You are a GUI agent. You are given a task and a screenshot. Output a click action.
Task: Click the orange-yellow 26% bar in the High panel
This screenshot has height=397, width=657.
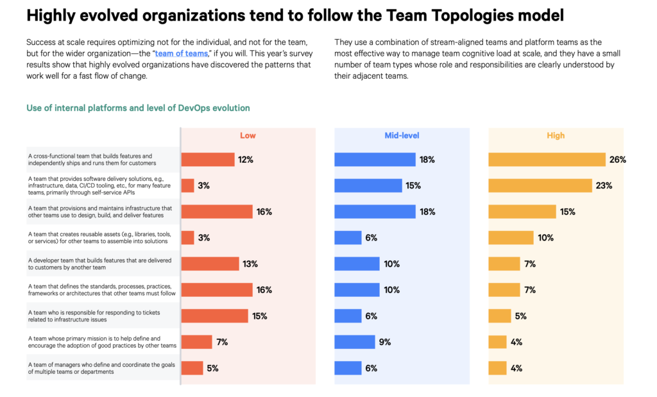[x=547, y=160]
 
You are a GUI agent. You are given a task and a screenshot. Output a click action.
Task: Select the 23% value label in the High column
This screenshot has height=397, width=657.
[x=604, y=186]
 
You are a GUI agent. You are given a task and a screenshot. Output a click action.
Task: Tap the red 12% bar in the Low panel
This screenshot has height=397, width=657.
[x=207, y=160]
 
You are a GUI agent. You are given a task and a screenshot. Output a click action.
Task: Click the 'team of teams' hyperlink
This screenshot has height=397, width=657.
[x=182, y=54]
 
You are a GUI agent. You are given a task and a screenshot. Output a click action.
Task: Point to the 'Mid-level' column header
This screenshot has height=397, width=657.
[x=402, y=135]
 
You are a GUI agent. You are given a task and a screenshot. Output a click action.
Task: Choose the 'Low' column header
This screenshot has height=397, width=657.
[x=248, y=135]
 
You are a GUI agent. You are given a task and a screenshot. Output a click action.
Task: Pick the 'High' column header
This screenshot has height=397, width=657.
[x=556, y=135]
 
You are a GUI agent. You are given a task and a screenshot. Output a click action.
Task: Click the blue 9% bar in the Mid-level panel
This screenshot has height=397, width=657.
[x=354, y=342]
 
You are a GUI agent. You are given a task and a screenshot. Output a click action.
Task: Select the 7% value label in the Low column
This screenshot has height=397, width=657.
[x=223, y=342]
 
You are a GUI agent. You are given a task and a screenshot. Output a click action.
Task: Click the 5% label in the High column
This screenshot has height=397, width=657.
[x=521, y=316]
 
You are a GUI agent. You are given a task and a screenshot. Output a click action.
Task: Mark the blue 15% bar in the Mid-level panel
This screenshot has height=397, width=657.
[x=368, y=186]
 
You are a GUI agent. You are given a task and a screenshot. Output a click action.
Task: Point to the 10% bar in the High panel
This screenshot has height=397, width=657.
[x=511, y=238]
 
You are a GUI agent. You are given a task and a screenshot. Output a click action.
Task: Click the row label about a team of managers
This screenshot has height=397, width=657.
[x=101, y=368]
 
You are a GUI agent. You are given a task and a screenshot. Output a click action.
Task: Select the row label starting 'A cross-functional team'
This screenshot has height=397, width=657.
[x=90, y=160]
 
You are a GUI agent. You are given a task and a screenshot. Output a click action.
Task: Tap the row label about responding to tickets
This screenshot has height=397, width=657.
[x=94, y=316]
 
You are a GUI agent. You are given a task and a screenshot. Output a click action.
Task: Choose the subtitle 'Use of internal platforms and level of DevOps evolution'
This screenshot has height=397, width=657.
[x=138, y=108]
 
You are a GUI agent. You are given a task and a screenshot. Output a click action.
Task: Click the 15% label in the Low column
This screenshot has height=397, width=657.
[x=260, y=316]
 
